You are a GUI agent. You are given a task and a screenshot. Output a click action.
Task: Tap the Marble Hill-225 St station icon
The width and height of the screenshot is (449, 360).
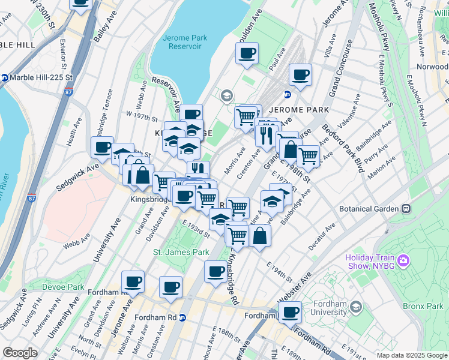[5, 77]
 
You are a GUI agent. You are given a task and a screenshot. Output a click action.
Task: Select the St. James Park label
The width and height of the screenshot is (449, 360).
[181, 252]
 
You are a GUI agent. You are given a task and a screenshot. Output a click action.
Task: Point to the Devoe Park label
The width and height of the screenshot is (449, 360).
[63, 287]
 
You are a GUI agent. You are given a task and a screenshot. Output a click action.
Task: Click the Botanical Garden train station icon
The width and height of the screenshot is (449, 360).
[406, 209]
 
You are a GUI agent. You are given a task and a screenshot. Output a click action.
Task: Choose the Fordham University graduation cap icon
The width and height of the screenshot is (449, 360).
[355, 308]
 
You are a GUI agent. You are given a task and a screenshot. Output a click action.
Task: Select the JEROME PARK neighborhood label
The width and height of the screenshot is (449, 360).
[299, 110]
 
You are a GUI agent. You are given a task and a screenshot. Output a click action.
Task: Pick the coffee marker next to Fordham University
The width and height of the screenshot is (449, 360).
[291, 313]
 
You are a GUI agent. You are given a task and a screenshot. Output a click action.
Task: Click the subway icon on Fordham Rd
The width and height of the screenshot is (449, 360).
[183, 317]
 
